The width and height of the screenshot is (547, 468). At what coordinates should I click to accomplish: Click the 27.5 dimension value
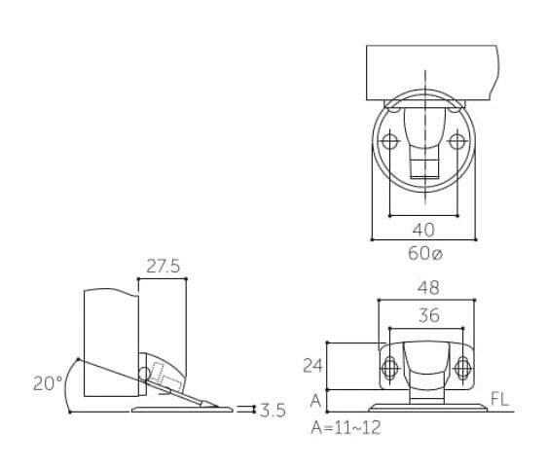[163, 266]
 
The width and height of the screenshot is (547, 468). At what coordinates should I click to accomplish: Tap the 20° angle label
[48, 383]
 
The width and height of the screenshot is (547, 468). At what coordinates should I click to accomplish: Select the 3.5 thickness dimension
[273, 411]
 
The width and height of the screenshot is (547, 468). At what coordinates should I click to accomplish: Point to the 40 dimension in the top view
[423, 230]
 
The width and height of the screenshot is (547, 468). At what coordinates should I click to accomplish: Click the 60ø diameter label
[425, 253]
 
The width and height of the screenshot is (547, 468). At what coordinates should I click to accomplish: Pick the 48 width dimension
[428, 288]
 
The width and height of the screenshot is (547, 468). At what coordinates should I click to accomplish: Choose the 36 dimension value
[429, 315]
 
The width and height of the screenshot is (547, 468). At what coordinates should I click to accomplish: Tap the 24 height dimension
[313, 366]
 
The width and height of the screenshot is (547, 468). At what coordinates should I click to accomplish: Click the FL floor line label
[499, 399]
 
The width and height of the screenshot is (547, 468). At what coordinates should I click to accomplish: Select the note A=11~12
[346, 427]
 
